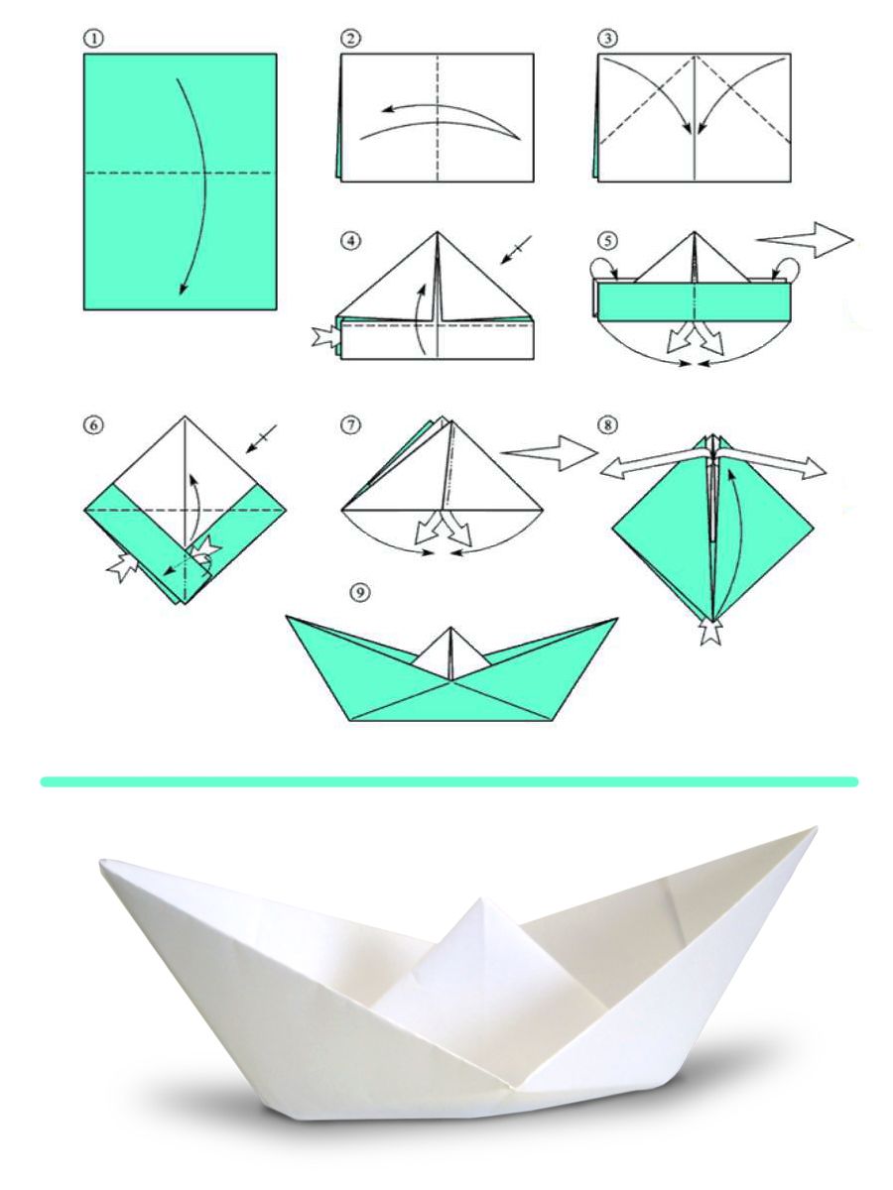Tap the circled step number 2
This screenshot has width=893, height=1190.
coord(350,40)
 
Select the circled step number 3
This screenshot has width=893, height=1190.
coord(608,40)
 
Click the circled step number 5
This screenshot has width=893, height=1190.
coord(607,240)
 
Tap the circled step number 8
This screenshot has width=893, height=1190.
coord(607,424)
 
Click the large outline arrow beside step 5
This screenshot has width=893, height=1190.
coord(804,239)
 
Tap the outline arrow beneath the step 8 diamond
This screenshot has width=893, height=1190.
coord(711,631)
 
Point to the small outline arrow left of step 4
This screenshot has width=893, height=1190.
coord(324,338)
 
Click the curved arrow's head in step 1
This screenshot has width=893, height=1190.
coord(183,289)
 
